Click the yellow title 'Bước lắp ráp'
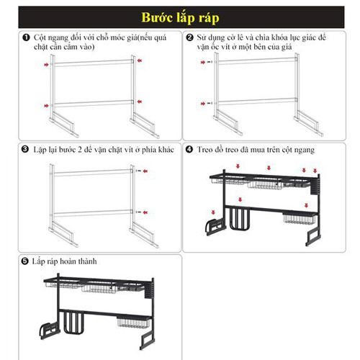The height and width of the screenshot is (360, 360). click(180, 17)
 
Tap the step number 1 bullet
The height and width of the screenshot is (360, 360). click(26, 37)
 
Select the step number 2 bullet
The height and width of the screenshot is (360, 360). click(189, 37)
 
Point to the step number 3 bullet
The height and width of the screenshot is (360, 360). click(24, 149)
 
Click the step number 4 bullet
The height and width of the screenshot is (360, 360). click(189, 149)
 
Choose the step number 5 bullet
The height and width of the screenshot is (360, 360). click(24, 261)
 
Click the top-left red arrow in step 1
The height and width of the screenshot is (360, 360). click(46, 65)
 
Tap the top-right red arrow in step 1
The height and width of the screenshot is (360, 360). click(140, 60)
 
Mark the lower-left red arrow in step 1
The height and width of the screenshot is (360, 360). click(46, 106)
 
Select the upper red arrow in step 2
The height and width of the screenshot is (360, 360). click(203, 62)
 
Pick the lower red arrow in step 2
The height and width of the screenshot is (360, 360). click(203, 104)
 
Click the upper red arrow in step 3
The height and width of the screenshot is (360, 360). click(145, 171)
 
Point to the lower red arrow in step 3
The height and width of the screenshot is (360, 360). click(145, 212)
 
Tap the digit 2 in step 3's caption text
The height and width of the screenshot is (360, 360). click(80, 150)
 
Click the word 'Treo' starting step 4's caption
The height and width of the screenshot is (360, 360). click(204, 150)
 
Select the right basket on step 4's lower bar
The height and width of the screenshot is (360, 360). click(299, 218)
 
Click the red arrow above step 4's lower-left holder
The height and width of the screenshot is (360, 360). click(213, 212)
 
